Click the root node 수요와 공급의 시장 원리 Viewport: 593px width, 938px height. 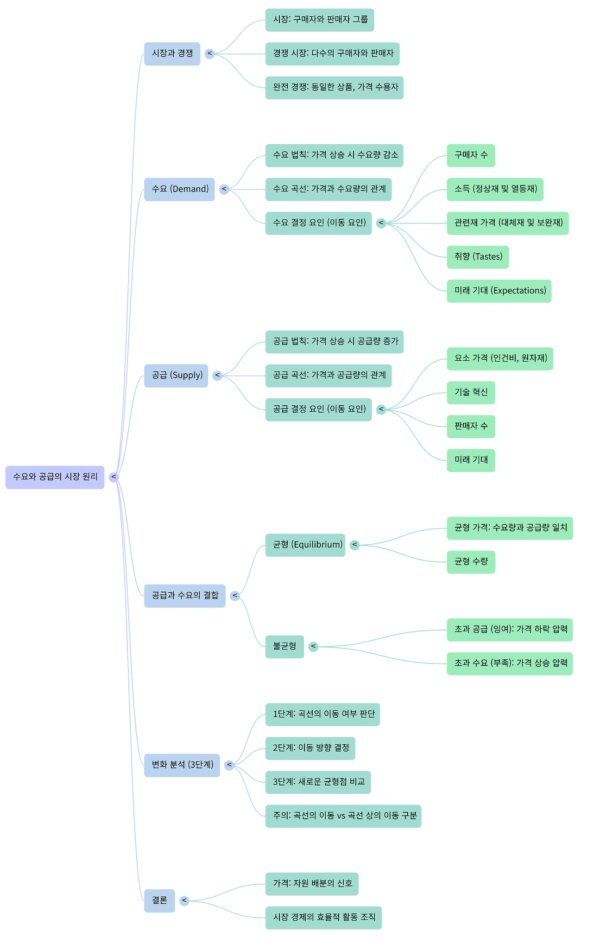55,477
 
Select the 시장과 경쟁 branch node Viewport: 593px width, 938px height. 172,53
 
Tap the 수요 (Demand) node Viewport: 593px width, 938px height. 179,189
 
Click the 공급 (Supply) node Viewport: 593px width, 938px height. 176,375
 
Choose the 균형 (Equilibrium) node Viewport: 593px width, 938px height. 305,545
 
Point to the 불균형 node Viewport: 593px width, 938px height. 284,646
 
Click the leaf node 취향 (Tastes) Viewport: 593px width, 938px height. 478,257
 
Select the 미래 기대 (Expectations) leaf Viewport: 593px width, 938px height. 499,291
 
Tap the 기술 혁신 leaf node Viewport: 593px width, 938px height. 471,392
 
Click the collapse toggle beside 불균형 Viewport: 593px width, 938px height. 314,646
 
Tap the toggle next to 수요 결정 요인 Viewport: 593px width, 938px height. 381,223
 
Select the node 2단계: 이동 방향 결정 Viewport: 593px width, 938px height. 310,748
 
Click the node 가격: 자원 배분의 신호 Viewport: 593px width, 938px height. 312,883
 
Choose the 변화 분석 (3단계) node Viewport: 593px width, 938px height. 182,765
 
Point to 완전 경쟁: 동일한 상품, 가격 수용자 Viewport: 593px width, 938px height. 334,87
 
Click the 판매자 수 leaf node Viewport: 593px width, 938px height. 471,426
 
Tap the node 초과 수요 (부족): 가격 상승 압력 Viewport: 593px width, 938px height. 510,663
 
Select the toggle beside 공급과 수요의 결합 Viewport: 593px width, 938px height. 235,595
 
